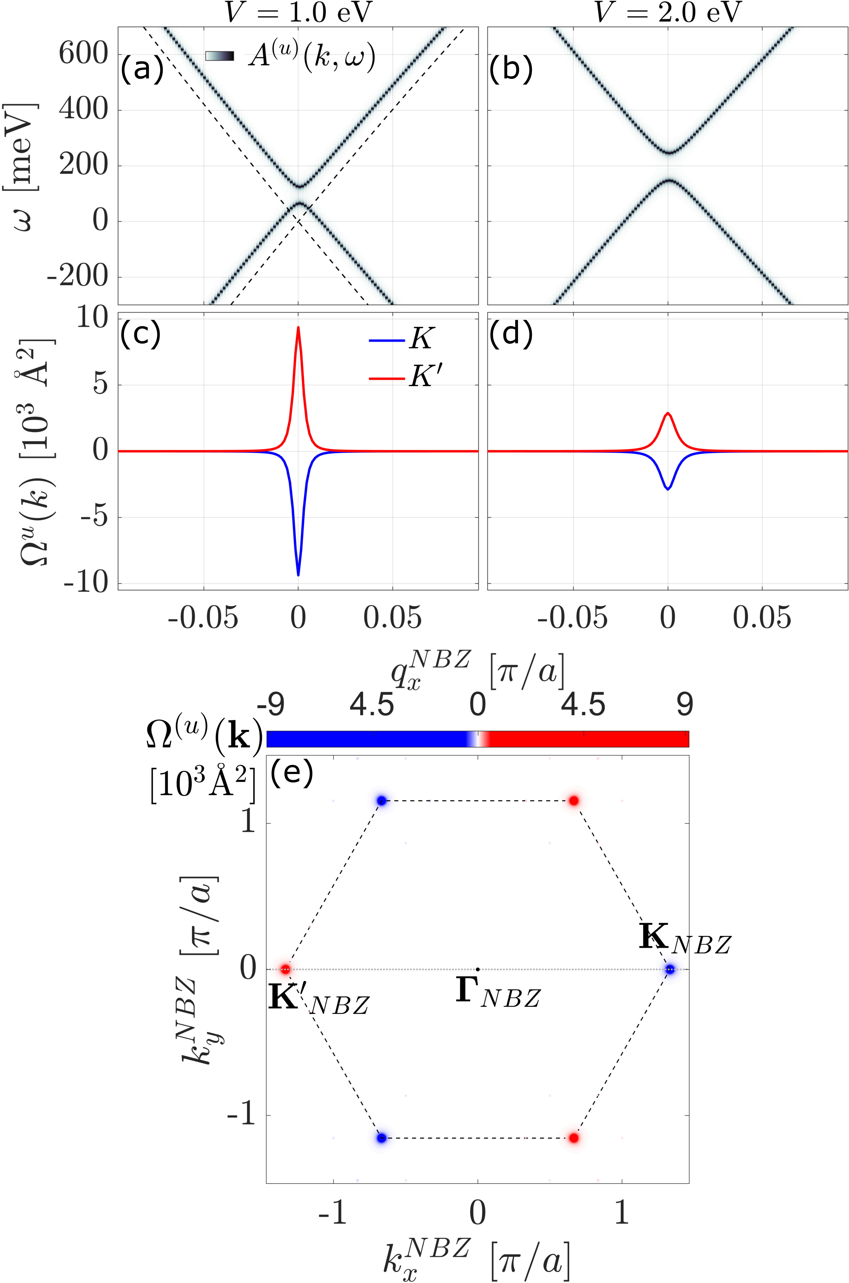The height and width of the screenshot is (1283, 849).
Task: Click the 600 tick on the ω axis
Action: pyautogui.click(x=84, y=54)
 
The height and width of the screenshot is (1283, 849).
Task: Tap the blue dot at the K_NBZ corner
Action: pyautogui.click(x=670, y=969)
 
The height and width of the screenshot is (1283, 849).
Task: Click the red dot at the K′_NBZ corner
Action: pyautogui.click(x=285, y=969)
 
